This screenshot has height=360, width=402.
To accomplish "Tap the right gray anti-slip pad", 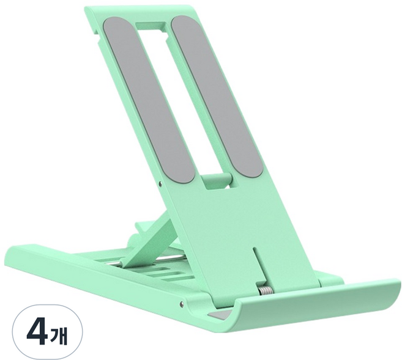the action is pyautogui.click(x=217, y=96).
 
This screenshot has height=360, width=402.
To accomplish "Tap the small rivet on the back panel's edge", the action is pyautogui.click(x=160, y=183).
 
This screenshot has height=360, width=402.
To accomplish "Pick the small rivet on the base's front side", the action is pyautogui.click(x=182, y=303).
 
